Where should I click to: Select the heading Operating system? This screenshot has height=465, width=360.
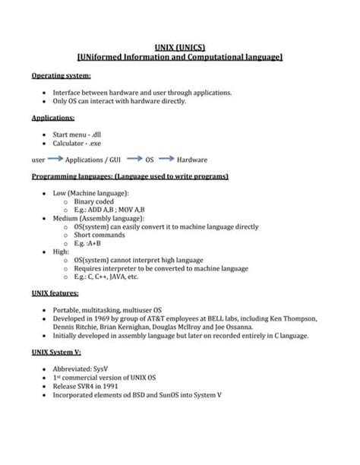tap(62, 76)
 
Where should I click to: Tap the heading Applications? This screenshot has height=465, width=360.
tap(53, 118)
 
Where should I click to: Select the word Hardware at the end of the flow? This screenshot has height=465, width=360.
tap(192, 160)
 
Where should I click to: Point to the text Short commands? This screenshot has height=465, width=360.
tap(99, 235)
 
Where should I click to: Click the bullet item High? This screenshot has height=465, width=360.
tap(61, 251)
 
